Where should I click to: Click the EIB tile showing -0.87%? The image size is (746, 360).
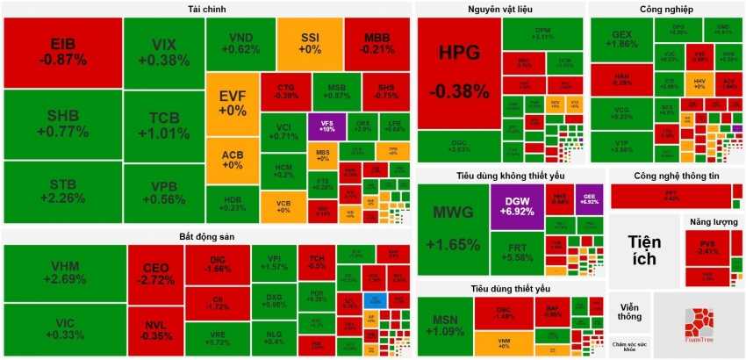62,52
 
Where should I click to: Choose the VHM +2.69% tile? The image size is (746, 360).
64,272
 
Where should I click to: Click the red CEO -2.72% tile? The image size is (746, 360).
155,273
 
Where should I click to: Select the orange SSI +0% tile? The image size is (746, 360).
310,43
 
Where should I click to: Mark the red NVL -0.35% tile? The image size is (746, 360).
155,328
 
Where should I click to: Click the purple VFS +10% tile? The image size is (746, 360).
327,126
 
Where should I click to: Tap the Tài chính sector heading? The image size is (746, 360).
206,9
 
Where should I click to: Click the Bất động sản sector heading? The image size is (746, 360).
207,236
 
